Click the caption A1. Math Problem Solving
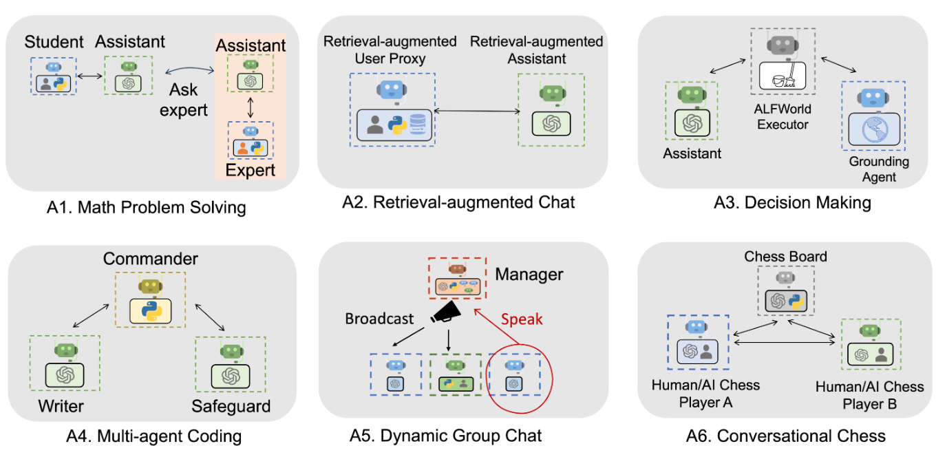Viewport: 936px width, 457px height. [148, 207]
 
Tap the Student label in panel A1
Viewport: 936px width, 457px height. [54, 43]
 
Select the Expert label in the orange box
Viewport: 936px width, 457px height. [251, 169]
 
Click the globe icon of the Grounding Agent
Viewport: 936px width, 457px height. [873, 129]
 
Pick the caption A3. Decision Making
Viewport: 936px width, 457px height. [785, 202]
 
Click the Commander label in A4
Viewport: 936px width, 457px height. [150, 259]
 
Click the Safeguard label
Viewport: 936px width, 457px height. [231, 406]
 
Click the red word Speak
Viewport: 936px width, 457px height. [521, 319]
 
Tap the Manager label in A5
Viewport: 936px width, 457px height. [529, 275]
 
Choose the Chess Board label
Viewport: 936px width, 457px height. [785, 257]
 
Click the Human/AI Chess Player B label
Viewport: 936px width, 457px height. [869, 395]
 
